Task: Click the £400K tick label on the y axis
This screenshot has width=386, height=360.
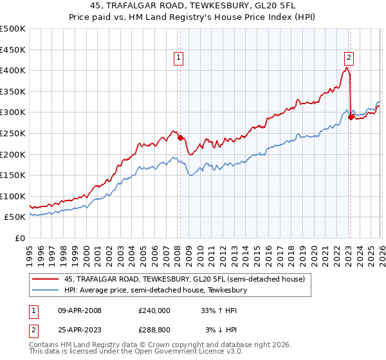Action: pos(13,70)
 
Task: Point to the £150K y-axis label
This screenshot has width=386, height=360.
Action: pos(13,175)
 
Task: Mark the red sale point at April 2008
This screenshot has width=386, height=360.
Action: pos(180,137)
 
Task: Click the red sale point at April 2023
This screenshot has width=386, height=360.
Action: pos(351,117)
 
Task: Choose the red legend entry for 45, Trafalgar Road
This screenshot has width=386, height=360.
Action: pos(170,278)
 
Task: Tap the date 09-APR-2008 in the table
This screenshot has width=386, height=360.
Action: pos(78,310)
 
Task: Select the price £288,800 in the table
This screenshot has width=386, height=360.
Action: pos(154,330)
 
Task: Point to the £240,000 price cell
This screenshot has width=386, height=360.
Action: pos(154,310)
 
